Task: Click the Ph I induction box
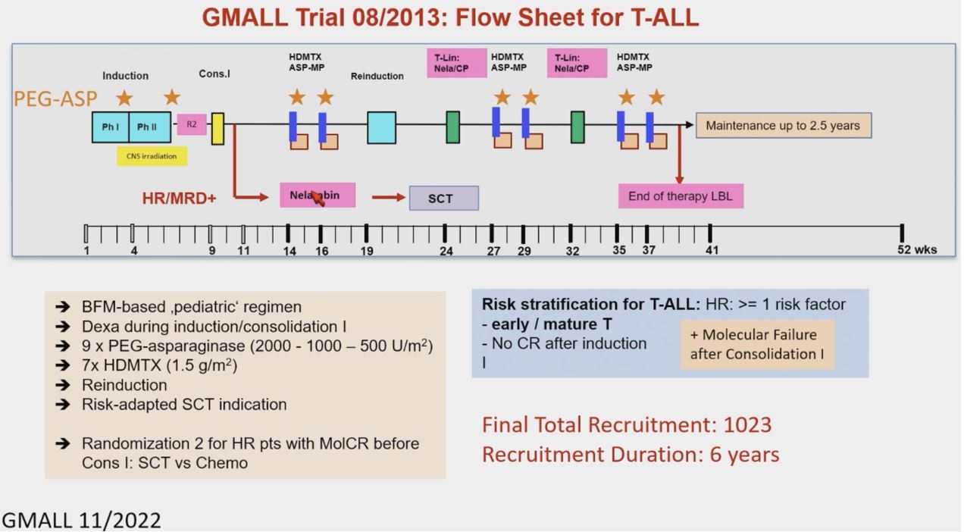[x=111, y=127]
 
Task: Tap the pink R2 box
[x=192, y=124]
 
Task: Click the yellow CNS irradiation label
[x=152, y=156]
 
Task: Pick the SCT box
[x=443, y=198]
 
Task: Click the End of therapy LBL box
[x=681, y=196]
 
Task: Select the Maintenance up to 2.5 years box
[x=783, y=126]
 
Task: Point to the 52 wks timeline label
[x=917, y=249]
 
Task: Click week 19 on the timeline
[x=366, y=250]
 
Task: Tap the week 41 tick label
[x=711, y=250]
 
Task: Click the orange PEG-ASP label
[x=55, y=99]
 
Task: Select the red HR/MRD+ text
[x=179, y=199]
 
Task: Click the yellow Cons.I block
[x=218, y=128]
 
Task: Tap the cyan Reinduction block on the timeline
[x=381, y=127]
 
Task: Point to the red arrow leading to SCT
[x=389, y=198]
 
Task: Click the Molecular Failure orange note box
[x=757, y=345]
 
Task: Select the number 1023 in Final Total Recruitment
[x=747, y=424]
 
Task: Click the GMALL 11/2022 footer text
[x=81, y=521]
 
